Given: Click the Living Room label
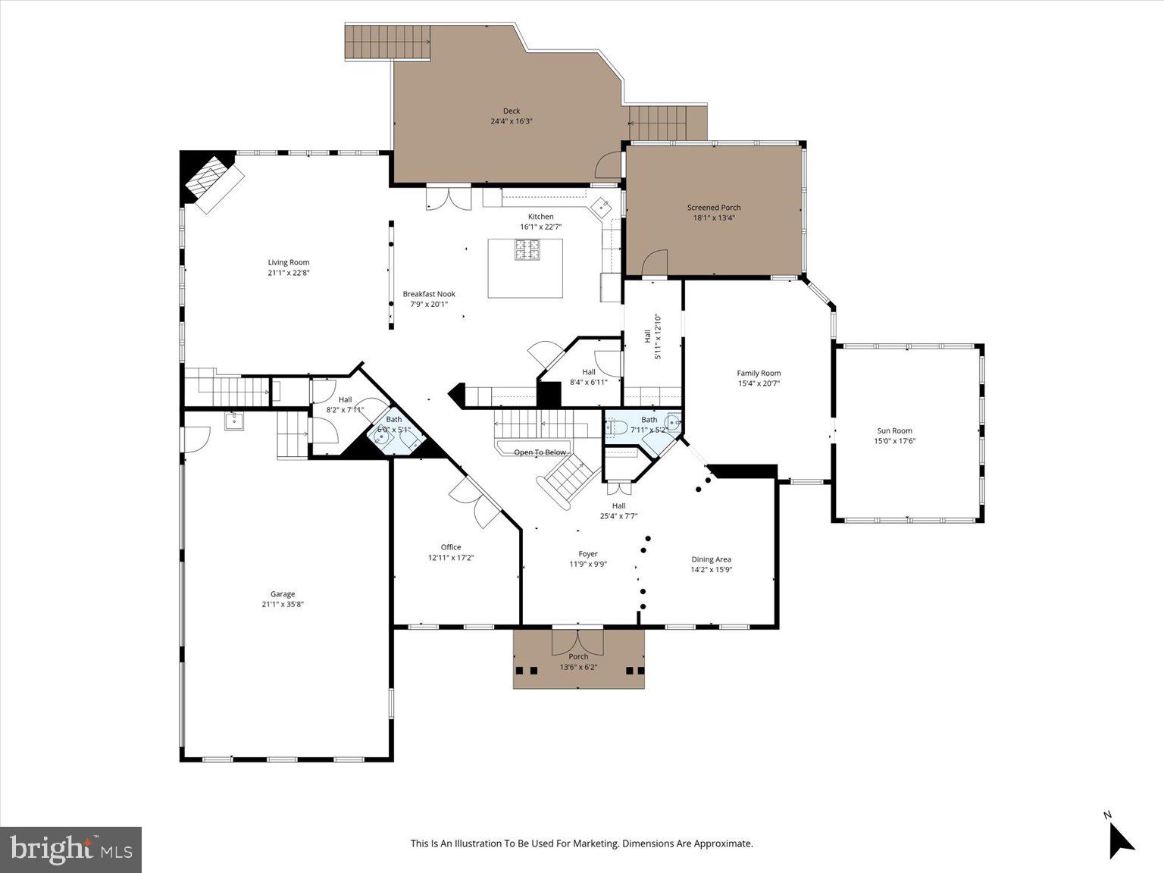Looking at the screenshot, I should (288, 262).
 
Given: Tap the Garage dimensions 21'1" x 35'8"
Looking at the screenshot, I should (283, 605).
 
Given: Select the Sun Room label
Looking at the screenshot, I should (894, 430).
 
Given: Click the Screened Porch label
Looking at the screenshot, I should (714, 208).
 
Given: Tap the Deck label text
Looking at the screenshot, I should (512, 111).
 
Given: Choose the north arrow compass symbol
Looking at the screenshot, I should (1120, 839).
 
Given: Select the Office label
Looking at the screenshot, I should (451, 547).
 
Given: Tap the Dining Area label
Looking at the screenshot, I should (711, 559).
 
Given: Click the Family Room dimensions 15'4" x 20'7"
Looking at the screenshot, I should (759, 383).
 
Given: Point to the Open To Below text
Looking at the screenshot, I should (540, 452).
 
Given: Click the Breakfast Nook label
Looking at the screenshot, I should (429, 294).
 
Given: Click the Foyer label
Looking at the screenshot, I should (588, 554).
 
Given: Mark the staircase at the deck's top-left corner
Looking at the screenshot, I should (387, 41).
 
